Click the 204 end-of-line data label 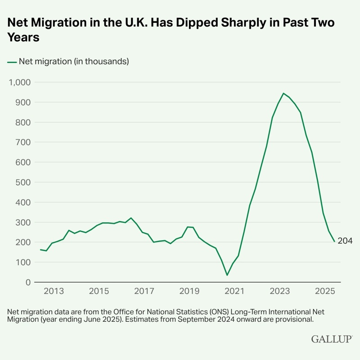(x=345, y=241)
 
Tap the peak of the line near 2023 (x=283, y=94)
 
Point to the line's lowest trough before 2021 (x=227, y=275)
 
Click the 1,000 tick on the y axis (x=18, y=82)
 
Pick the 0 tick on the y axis (x=27, y=282)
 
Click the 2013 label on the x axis (x=54, y=291)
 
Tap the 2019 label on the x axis (x=189, y=291)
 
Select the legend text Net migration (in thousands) (x=74, y=62)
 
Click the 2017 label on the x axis (x=144, y=291)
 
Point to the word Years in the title (x=23, y=37)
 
